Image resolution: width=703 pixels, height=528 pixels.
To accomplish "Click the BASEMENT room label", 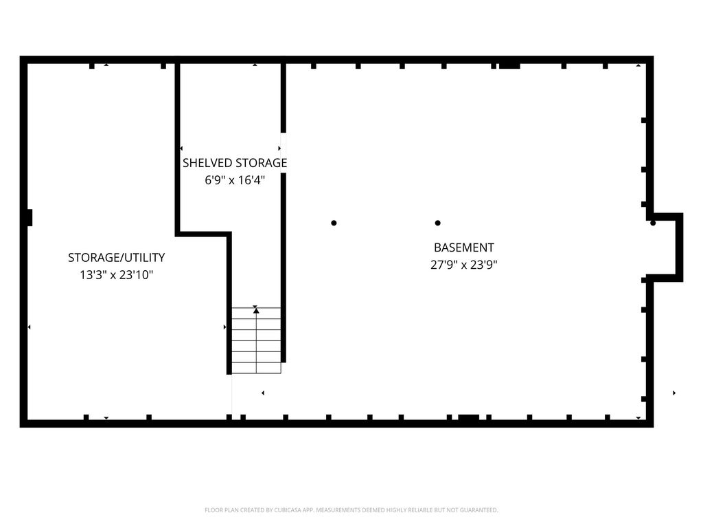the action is point(463,247).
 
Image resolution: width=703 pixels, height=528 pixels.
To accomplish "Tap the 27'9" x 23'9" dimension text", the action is point(463,265).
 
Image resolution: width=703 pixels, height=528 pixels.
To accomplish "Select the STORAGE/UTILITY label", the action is point(116,258).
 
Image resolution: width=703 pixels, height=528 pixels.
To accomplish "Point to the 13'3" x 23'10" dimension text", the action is point(116,275).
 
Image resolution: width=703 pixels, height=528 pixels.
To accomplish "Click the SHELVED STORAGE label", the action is point(235,163).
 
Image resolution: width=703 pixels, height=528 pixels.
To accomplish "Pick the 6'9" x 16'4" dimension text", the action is point(235,181).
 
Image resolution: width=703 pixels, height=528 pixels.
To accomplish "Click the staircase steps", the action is point(256,340).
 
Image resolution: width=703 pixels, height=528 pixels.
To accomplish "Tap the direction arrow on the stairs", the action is point(256,310).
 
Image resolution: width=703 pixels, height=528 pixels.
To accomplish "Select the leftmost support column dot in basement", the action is point(334,223).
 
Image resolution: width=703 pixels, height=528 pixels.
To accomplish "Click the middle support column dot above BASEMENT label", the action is point(437,223).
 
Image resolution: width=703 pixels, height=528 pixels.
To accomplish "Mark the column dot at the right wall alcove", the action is point(653,223).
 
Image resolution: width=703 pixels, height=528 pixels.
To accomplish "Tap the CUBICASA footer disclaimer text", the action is point(351,510).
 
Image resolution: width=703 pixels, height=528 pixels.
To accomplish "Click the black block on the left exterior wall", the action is point(29,218).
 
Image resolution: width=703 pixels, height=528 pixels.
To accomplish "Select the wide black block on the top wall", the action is point(510,66).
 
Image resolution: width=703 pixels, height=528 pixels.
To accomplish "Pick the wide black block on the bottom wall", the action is point(468,417).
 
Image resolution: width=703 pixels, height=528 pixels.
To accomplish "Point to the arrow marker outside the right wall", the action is point(674,393).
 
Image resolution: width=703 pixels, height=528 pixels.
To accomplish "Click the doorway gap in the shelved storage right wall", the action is point(284,153).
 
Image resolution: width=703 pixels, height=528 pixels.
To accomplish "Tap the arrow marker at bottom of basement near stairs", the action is point(263,393).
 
